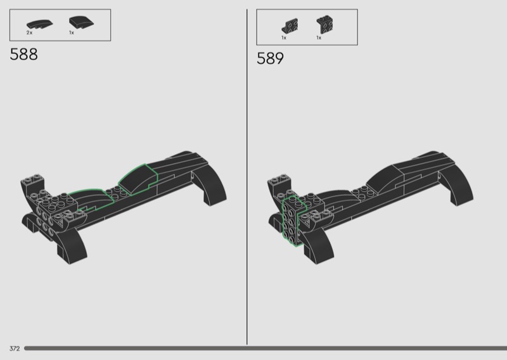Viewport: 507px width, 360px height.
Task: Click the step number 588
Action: tap(23, 55)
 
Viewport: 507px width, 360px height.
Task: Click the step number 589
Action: tap(270, 58)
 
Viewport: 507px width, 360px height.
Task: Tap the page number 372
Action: tap(15, 349)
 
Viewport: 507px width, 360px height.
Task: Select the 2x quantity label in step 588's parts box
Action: tap(29, 33)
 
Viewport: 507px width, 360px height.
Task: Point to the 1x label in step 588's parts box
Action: tap(72, 33)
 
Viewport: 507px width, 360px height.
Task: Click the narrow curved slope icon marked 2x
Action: tap(39, 25)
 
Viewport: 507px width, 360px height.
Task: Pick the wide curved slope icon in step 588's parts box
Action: tap(81, 22)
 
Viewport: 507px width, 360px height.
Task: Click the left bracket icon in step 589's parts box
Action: tap(290, 26)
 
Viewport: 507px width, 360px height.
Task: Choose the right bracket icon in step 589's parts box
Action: tap(325, 25)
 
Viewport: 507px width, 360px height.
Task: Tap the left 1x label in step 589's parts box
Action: tap(284, 38)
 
